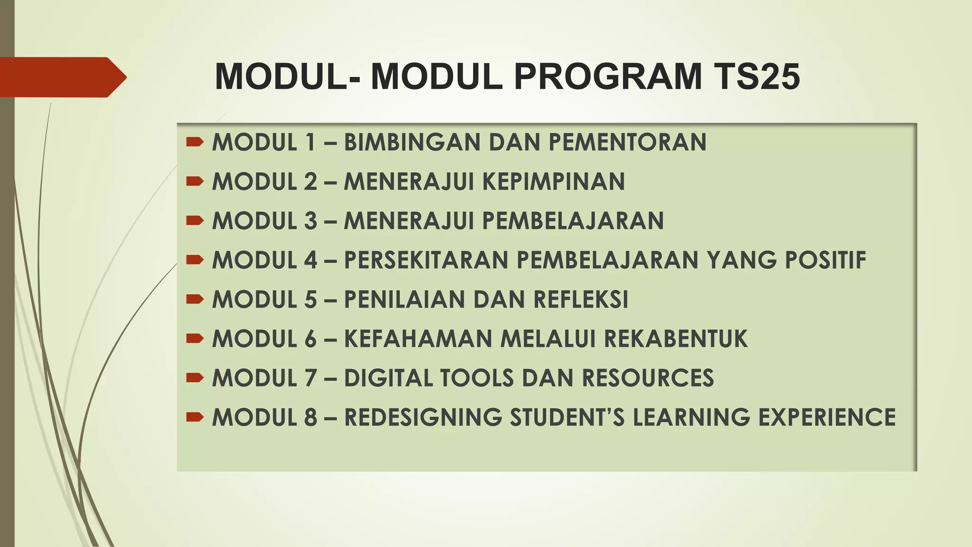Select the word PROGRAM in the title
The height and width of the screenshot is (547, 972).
point(607,76)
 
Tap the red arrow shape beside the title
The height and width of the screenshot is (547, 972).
point(62,77)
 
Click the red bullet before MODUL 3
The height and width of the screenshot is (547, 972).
point(195,220)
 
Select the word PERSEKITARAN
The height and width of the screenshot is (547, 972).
point(426,260)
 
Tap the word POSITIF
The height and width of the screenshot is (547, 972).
point(825,260)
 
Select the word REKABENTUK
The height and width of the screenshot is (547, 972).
point(675,339)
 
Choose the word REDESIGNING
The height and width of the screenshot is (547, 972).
point(423,417)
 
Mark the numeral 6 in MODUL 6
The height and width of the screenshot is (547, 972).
point(310,339)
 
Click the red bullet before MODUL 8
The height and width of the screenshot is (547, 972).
point(195,417)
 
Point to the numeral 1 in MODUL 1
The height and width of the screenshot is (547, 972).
point(311,142)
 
